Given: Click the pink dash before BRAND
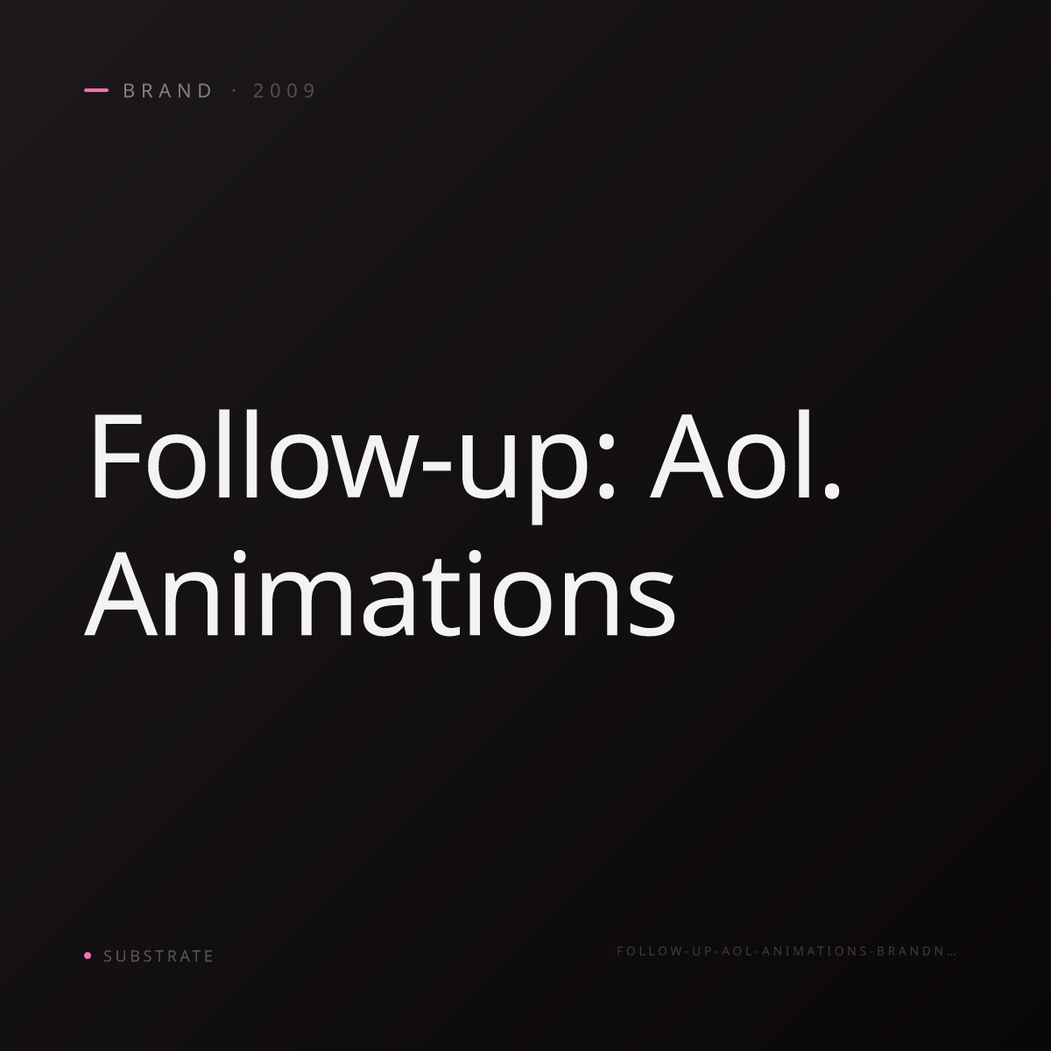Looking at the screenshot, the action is pyautogui.click(x=96, y=90).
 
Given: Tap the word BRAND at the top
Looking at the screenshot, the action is pyautogui.click(x=167, y=90).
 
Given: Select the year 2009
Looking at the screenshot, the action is pyautogui.click(x=284, y=90).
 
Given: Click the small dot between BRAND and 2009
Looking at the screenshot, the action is pyautogui.click(x=235, y=90).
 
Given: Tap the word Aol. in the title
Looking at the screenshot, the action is pyautogui.click(x=744, y=455).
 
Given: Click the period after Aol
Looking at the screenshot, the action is pyautogui.click(x=830, y=490).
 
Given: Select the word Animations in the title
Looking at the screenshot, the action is pyautogui.click(x=380, y=594).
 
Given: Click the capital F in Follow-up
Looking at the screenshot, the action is pyautogui.click(x=117, y=455).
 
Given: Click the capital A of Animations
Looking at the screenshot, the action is pyautogui.click(x=121, y=595).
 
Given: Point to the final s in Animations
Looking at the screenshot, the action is pyautogui.click(x=652, y=605).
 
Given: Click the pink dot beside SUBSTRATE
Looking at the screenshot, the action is pyautogui.click(x=88, y=955).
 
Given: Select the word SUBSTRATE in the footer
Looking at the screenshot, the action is pyautogui.click(x=159, y=956).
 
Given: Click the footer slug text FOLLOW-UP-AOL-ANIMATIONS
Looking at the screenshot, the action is pyautogui.click(x=742, y=951).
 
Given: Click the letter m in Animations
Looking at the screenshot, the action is pyautogui.click(x=306, y=604).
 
